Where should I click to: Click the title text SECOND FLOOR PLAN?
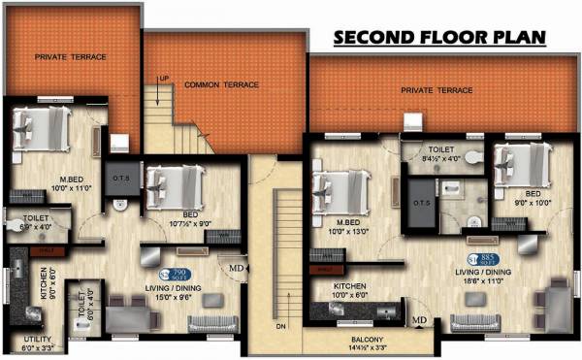click(439, 38)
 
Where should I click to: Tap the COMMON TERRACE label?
click(221, 85)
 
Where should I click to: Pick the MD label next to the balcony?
click(420, 320)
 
